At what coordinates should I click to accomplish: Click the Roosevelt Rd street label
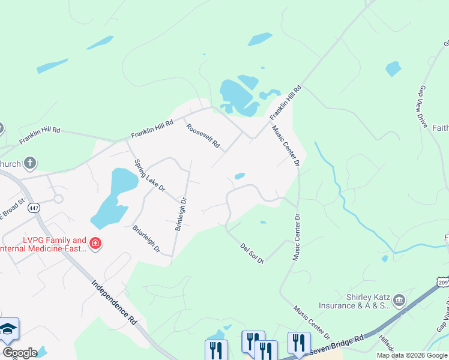coord(203,137)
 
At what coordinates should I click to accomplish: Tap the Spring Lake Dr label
coord(149,175)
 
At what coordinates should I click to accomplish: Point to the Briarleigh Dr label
coord(147,238)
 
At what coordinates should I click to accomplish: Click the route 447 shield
coord(34,208)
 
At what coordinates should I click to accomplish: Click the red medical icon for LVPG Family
coord(95,244)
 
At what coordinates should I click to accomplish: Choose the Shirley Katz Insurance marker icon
coord(399,299)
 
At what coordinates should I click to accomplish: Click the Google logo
coord(19,353)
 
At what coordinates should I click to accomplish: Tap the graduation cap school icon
coord(8,329)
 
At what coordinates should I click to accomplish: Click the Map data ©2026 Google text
coord(411,355)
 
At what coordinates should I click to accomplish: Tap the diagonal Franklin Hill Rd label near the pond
coord(285,102)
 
